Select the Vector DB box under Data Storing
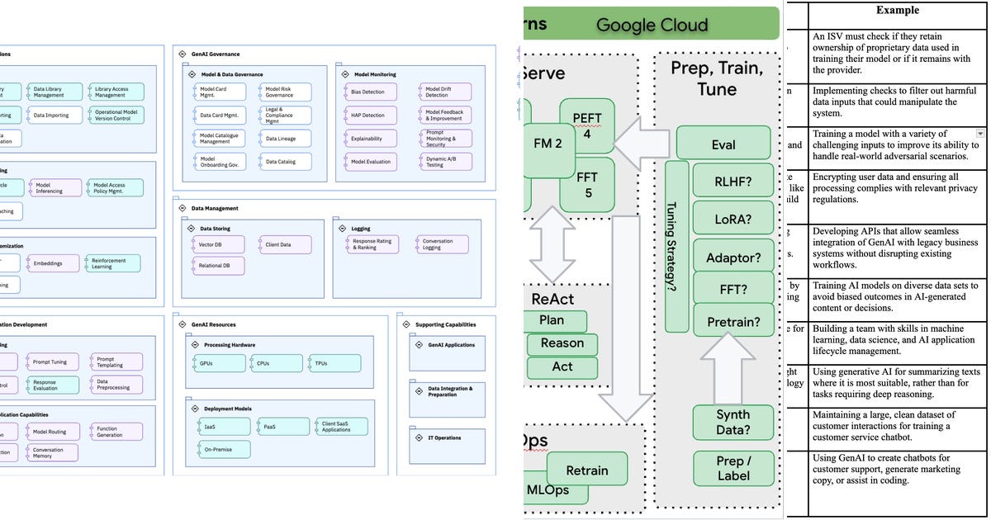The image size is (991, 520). click(x=219, y=245)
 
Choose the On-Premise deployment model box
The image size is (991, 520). click(x=220, y=450)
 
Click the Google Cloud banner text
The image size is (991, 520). click(x=652, y=24)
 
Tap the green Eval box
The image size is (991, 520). click(x=723, y=144)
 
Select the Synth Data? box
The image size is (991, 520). click(x=733, y=422)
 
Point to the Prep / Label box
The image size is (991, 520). click(x=733, y=468)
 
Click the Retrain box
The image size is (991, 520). click(x=586, y=470)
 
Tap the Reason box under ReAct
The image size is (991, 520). click(x=562, y=343)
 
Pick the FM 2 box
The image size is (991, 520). click(x=548, y=144)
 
